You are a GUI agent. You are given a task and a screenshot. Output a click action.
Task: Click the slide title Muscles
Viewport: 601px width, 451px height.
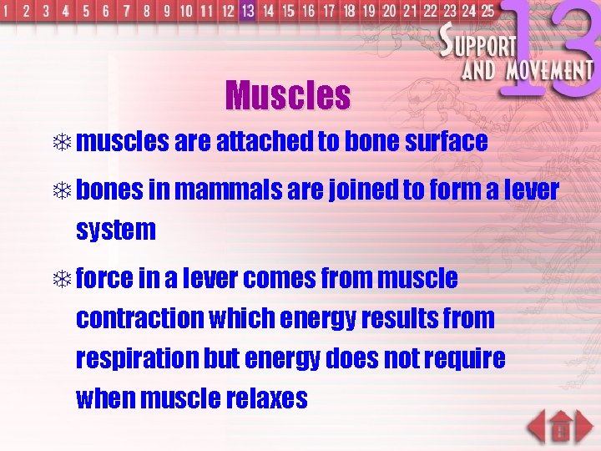pyautogui.click(x=287, y=96)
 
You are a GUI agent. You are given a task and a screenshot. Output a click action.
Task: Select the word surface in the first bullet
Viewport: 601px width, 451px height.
pyautogui.click(x=446, y=142)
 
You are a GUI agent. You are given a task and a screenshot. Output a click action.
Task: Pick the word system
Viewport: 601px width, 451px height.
pyautogui.click(x=115, y=230)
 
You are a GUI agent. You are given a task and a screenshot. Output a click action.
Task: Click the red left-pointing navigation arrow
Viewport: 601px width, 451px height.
pyautogui.click(x=539, y=427)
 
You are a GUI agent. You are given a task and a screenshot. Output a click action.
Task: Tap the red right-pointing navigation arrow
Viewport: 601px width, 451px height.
pyautogui.click(x=583, y=427)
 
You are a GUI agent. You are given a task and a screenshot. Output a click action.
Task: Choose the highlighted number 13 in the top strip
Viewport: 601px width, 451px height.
pyautogui.click(x=247, y=11)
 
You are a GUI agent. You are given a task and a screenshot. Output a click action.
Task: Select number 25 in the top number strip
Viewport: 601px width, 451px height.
pyautogui.click(x=487, y=11)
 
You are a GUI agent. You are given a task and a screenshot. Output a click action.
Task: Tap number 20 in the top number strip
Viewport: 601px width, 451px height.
pyautogui.click(x=389, y=11)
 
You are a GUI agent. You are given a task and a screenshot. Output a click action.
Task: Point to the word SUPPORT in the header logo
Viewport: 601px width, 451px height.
pyautogui.click(x=480, y=42)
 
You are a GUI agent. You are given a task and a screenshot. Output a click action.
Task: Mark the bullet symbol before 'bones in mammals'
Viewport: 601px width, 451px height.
pyautogui.click(x=63, y=191)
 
